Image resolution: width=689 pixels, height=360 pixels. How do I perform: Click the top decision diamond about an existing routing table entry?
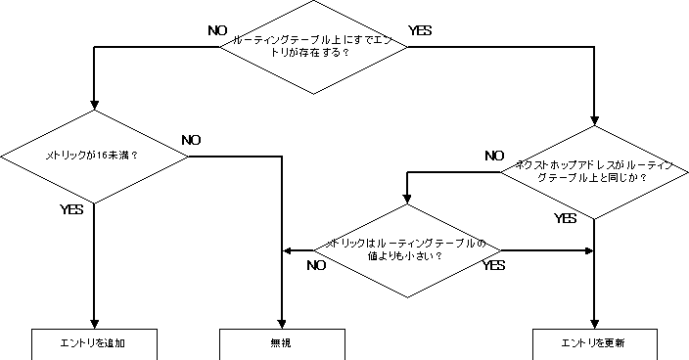click(313, 45)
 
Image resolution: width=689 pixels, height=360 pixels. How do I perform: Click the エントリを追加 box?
click(94, 343)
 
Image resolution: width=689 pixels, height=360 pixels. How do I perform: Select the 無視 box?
click(282, 343)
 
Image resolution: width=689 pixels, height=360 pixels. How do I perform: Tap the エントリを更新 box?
click(594, 343)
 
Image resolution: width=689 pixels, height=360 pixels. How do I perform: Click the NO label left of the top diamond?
click(217, 30)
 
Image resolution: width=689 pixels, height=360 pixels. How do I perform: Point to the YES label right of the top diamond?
click(420, 30)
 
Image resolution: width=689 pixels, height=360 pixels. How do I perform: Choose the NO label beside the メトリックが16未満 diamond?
click(191, 140)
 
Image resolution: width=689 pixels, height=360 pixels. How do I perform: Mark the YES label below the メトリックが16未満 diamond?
click(71, 209)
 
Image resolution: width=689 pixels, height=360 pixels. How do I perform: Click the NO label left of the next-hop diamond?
click(494, 156)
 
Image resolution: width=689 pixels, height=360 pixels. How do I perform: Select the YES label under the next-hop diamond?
click(566, 218)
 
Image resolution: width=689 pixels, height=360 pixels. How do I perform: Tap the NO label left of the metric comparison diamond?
click(316, 264)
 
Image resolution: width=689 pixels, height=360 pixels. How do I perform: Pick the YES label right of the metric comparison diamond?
click(493, 264)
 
